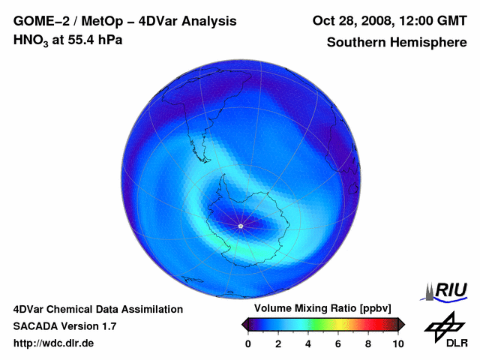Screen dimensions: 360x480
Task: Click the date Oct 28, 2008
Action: pyautogui.click(x=349, y=21)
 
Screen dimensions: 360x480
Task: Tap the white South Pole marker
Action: pyautogui.click(x=240, y=226)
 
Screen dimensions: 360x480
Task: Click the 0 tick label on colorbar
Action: pyautogui.click(x=248, y=343)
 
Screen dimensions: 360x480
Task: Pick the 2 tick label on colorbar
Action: pyautogui.click(x=278, y=343)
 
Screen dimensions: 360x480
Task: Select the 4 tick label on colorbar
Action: pyautogui.click(x=308, y=343)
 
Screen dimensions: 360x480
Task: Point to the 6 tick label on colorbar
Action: pyautogui.click(x=338, y=343)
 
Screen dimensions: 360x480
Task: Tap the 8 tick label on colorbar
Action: pyautogui.click(x=368, y=343)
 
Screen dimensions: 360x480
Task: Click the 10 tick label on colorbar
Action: pyautogui.click(x=397, y=343)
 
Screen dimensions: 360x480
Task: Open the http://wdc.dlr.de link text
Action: pyautogui.click(x=54, y=343)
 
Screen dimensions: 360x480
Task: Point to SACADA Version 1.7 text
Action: pyautogui.click(x=64, y=326)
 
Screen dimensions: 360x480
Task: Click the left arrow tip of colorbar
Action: pyautogui.click(x=243, y=324)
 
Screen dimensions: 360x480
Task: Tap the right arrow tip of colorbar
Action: pyautogui.click(x=403, y=324)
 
